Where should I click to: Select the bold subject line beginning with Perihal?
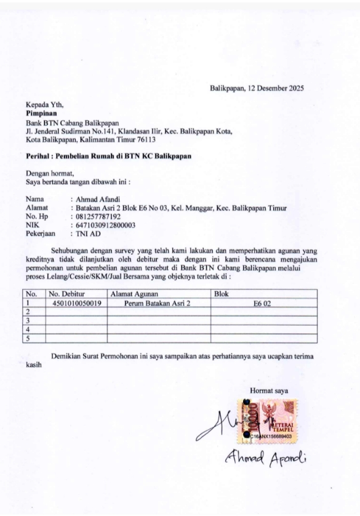point(108,156)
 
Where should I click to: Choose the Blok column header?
point(220,294)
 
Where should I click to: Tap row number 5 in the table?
point(28,337)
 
